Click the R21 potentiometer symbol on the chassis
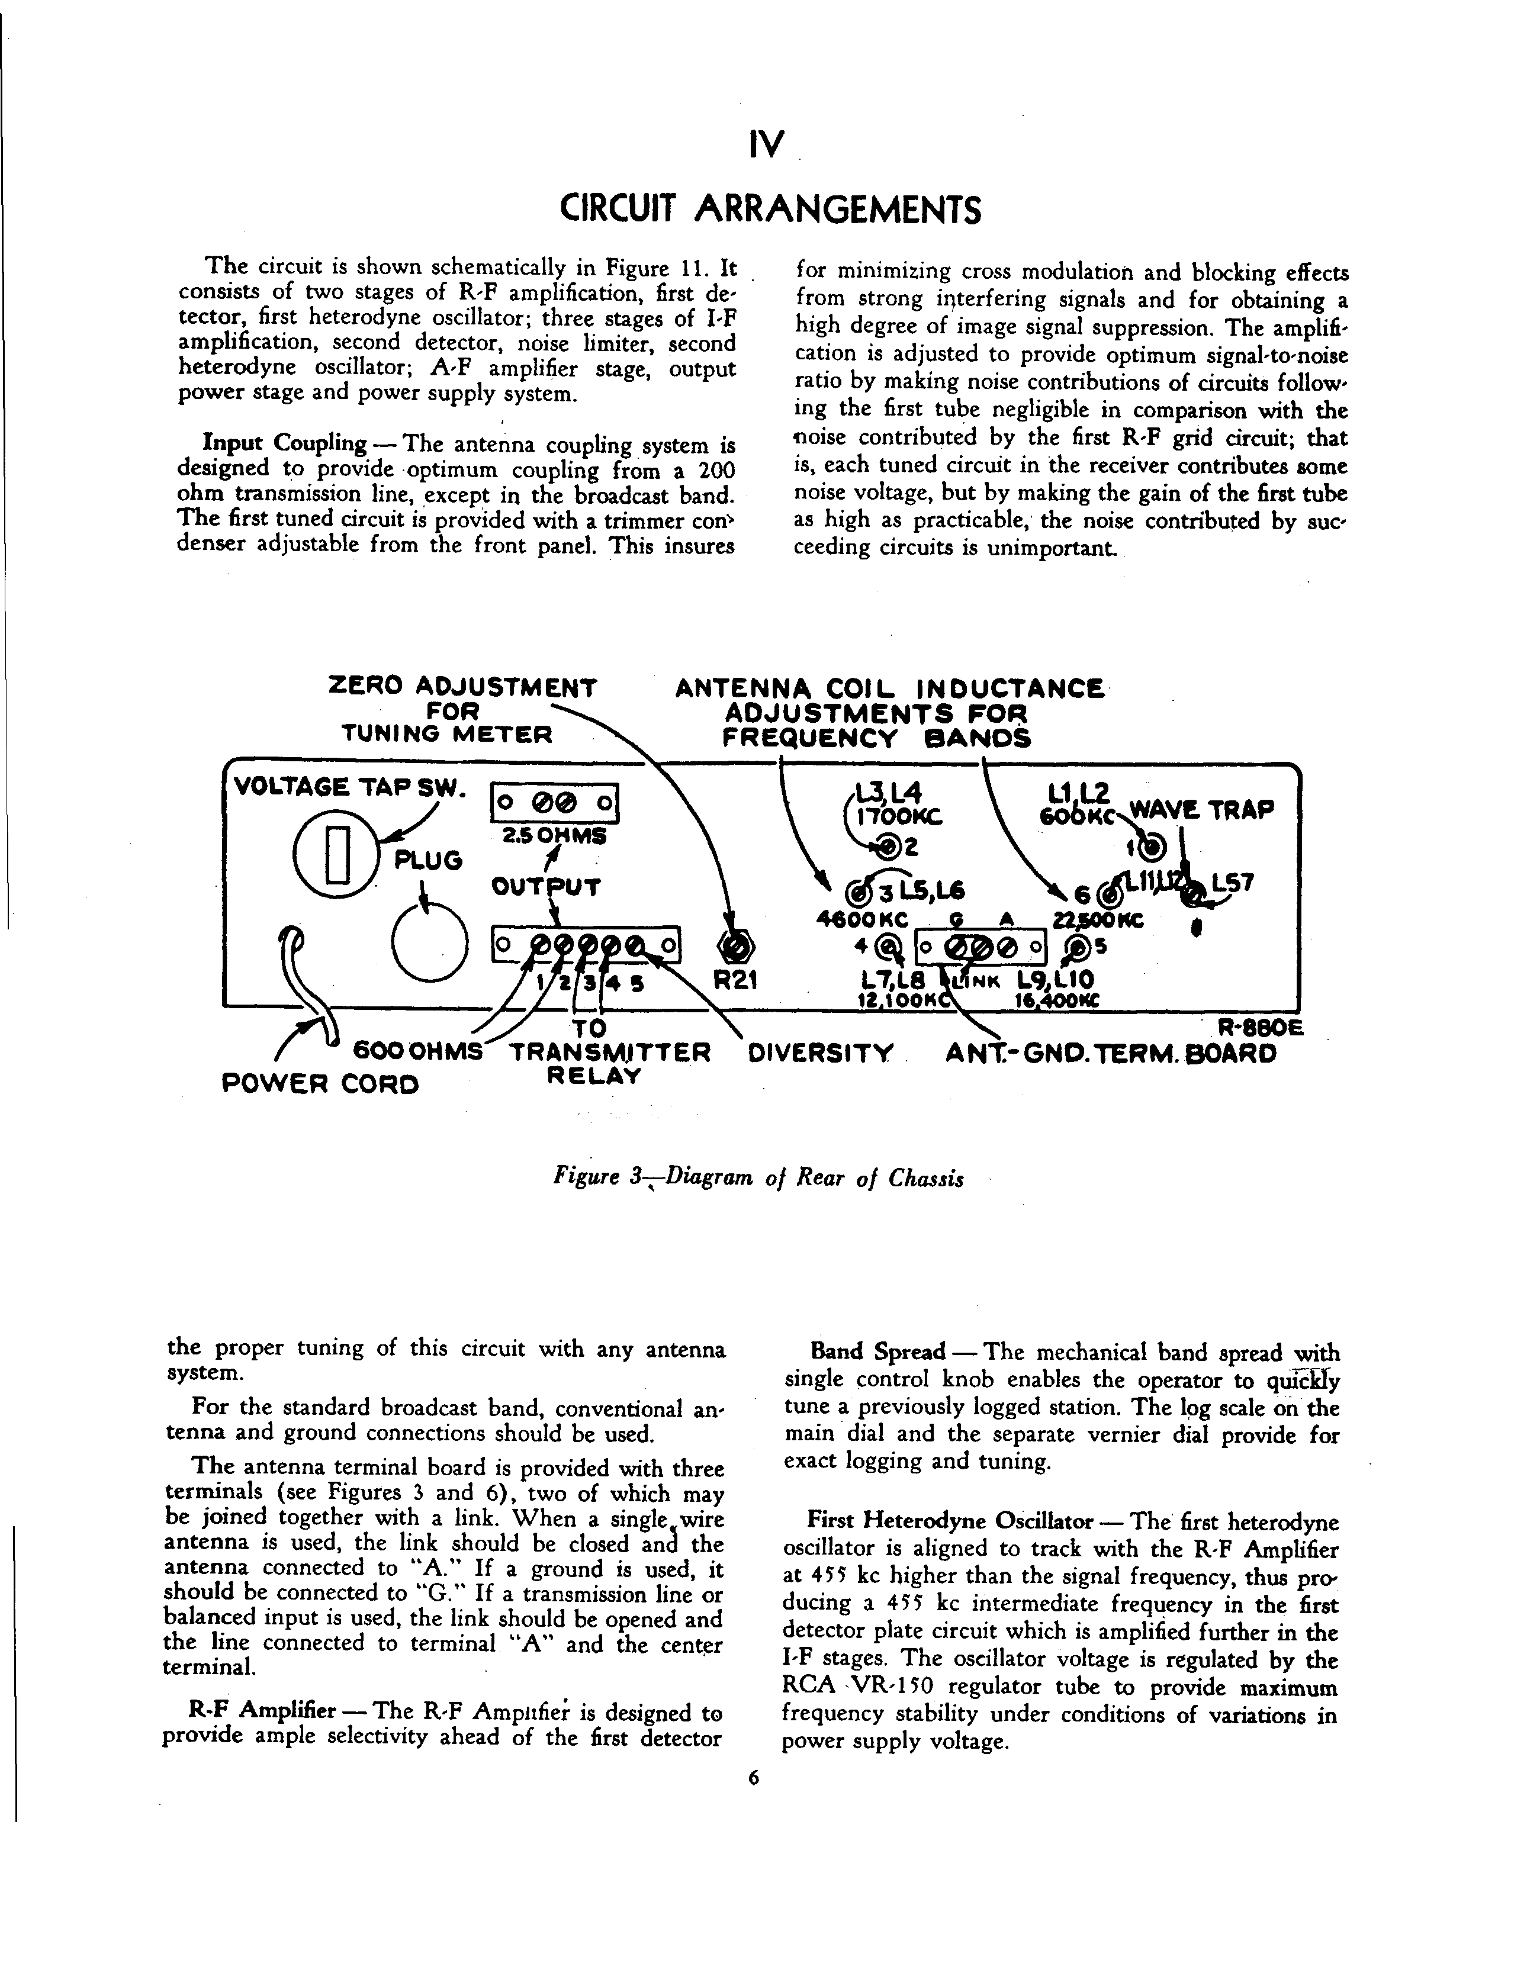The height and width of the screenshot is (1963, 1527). point(736,945)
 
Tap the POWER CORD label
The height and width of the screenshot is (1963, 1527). point(320,1084)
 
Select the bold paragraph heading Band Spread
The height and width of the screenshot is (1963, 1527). point(877,1377)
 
